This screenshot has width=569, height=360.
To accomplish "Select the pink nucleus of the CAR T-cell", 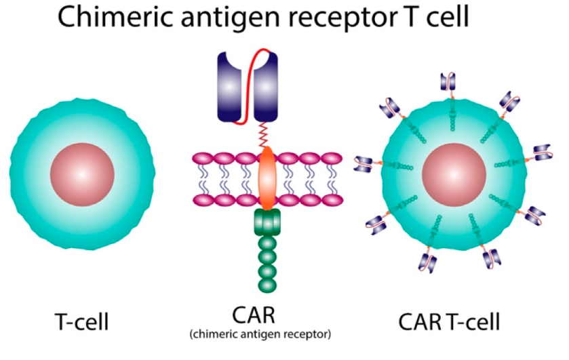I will (452, 175).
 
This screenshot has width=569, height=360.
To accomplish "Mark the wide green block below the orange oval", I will (267, 220).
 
